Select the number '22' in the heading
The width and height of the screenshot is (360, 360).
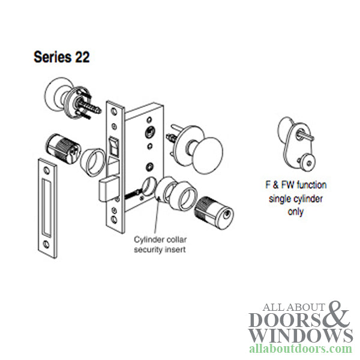80,58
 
